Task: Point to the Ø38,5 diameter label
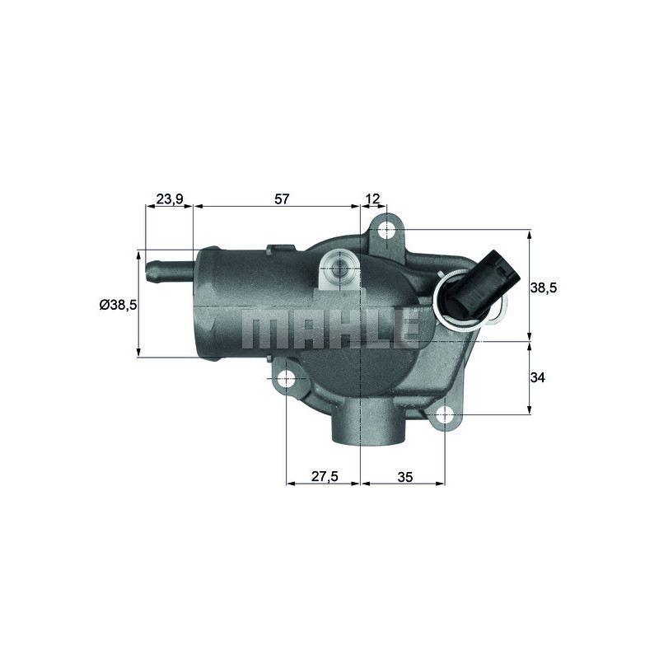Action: pyautogui.click(x=117, y=304)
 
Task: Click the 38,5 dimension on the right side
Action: pyautogui.click(x=544, y=287)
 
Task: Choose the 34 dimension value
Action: pyautogui.click(x=538, y=377)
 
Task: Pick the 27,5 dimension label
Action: pyautogui.click(x=323, y=476)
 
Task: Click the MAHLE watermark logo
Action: pyautogui.click(x=329, y=329)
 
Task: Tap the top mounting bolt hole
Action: pyautogui.click(x=388, y=231)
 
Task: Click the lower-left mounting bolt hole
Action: pyautogui.click(x=287, y=380)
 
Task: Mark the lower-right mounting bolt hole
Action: pyautogui.click(x=445, y=416)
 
